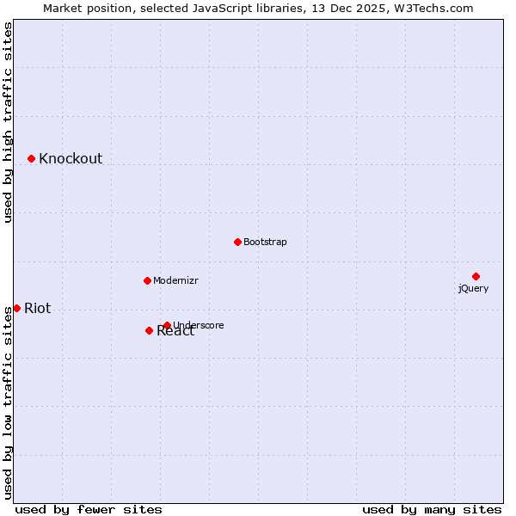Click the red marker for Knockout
(31, 158)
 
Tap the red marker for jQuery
(476, 276)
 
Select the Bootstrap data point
(237, 242)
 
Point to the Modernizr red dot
(147, 280)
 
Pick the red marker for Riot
(16, 308)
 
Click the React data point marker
(149, 330)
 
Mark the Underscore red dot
(167, 325)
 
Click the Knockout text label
(71, 158)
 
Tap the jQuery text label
(473, 289)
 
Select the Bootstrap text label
(265, 243)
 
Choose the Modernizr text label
(176, 281)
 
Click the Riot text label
(37, 309)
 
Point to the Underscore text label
(199, 325)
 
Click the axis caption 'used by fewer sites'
(89, 509)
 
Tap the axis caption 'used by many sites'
(432, 509)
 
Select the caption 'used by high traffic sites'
(9, 122)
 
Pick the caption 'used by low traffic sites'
(9, 402)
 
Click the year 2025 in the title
(370, 9)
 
